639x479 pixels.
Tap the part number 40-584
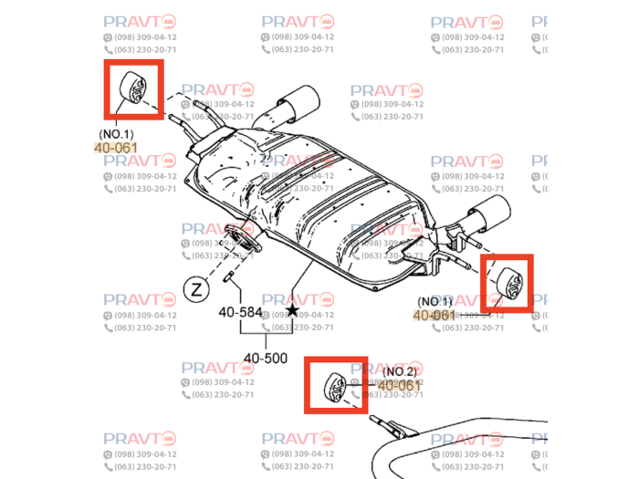pos(240,312)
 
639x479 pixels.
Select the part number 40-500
pos(266,358)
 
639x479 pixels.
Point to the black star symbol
pos(292,310)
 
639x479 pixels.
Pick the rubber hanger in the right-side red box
pos(508,282)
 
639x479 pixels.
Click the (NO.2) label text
pos(400,371)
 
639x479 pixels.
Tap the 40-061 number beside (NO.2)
pos(400,386)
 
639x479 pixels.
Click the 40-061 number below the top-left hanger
pos(116,147)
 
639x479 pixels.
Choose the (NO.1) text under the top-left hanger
pos(116,133)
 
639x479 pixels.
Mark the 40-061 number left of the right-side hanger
pos(435,315)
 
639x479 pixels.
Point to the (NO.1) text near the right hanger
pos(435,301)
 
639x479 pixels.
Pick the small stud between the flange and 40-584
pos(230,276)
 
